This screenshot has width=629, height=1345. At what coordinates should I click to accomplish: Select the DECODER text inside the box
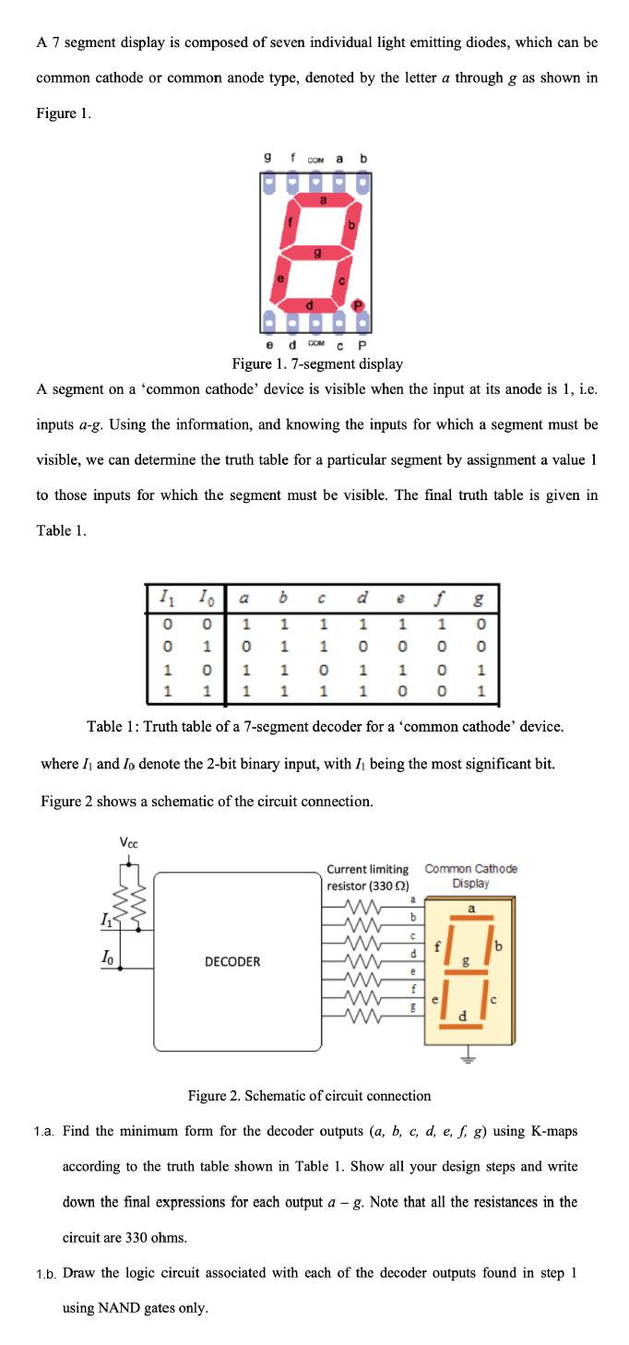[x=232, y=961]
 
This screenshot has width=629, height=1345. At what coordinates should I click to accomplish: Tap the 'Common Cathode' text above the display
[x=470, y=868]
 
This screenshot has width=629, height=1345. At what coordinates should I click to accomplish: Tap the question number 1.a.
[x=46, y=1131]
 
